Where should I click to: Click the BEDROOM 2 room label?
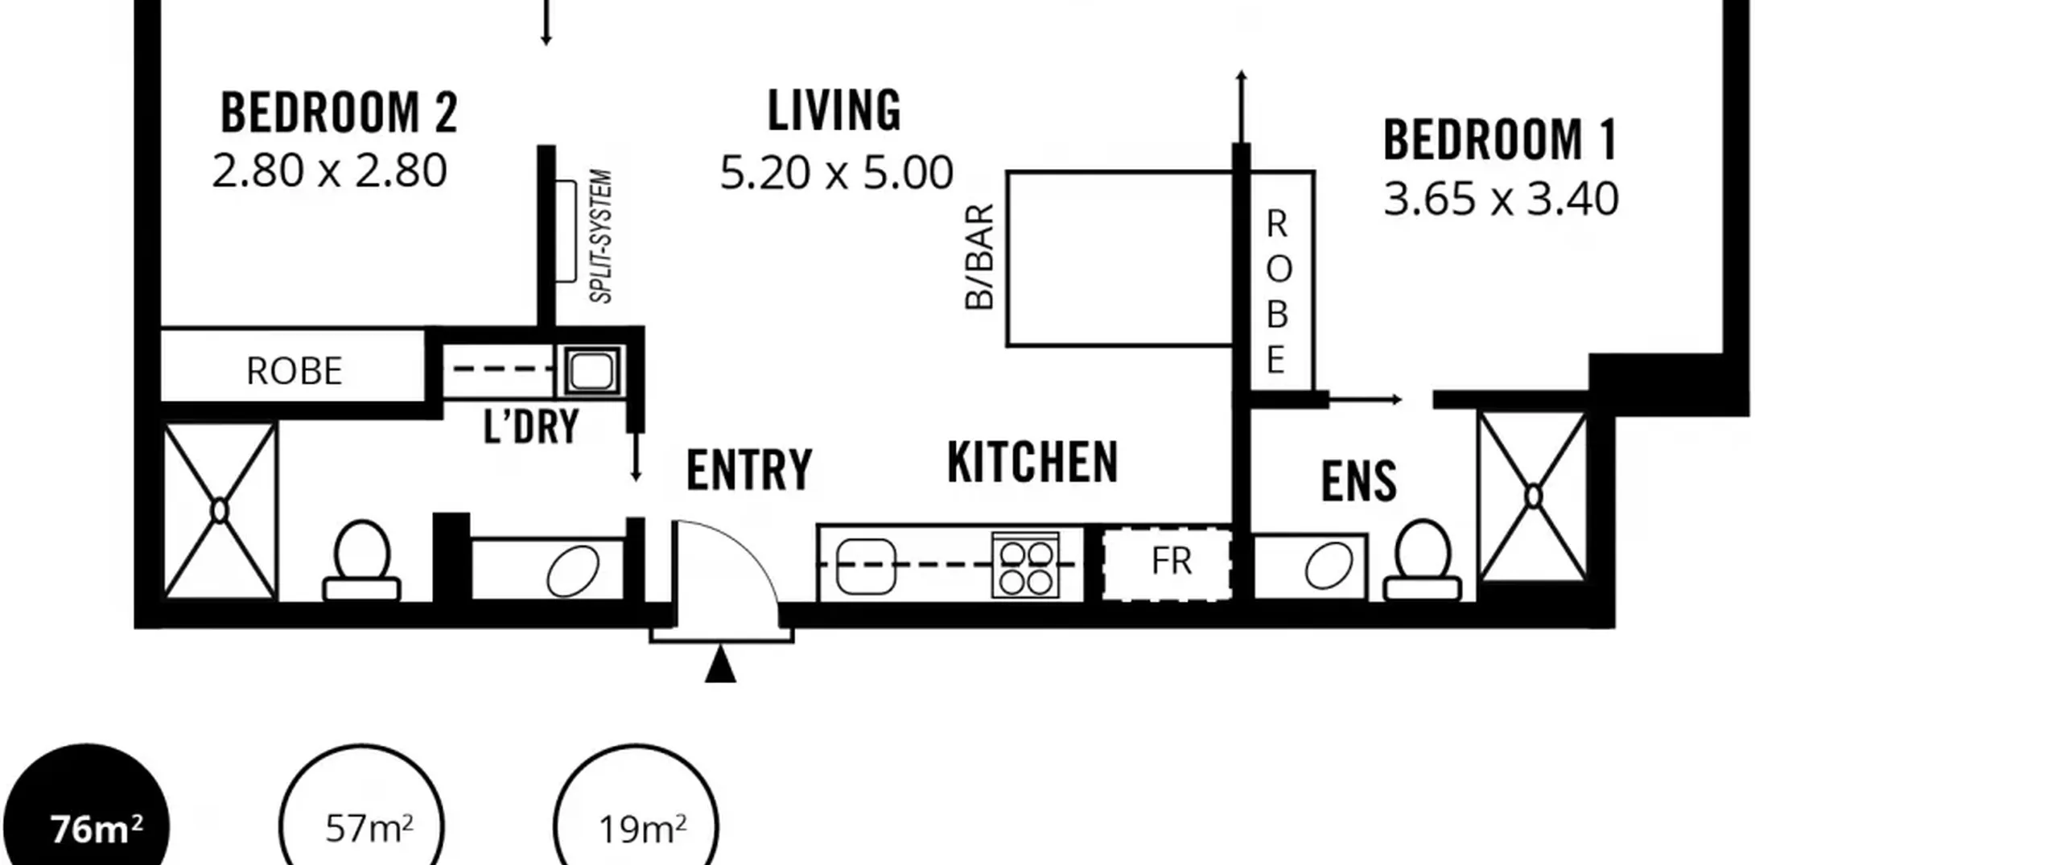pos(339,113)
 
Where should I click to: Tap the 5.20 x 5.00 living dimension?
pos(836,173)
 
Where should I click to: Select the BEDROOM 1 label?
pos(1500,140)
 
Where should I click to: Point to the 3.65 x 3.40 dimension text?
pos(1501,200)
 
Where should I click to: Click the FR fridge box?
pos(1167,563)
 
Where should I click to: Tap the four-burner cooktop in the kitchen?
pos(1025,566)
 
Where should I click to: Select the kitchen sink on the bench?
pos(866,566)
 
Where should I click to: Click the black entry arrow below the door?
pos(720,665)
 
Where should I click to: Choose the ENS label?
pos(1358,481)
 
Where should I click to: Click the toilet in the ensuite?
pos(1423,562)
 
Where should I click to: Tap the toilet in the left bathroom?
pos(361,562)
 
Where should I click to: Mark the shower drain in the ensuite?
pos(1533,497)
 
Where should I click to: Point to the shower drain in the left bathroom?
pos(220,511)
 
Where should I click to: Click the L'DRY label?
pos(531,426)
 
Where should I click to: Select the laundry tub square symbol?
pos(594,371)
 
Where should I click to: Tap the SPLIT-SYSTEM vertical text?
pos(601,237)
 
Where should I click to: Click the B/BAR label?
pos(979,257)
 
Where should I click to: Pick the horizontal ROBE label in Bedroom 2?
pos(294,371)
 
